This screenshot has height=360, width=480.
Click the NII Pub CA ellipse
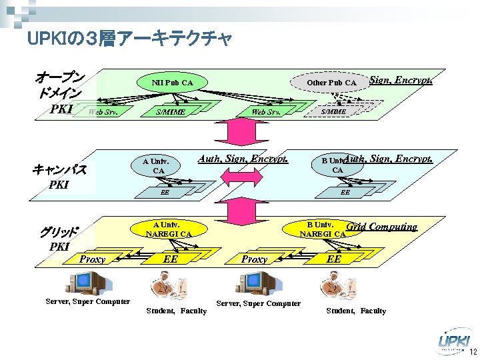[172, 83]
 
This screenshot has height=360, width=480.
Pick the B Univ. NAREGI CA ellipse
[323, 229]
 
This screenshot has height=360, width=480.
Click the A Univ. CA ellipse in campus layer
[158, 165]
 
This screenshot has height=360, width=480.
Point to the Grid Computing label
[382, 227]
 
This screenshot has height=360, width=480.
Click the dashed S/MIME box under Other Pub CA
[333, 112]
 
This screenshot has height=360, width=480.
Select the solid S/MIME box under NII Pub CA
[170, 112]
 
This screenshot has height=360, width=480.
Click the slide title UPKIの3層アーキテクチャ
[130, 39]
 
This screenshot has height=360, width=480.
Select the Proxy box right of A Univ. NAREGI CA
[254, 259]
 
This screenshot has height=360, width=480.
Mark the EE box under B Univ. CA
[345, 192]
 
